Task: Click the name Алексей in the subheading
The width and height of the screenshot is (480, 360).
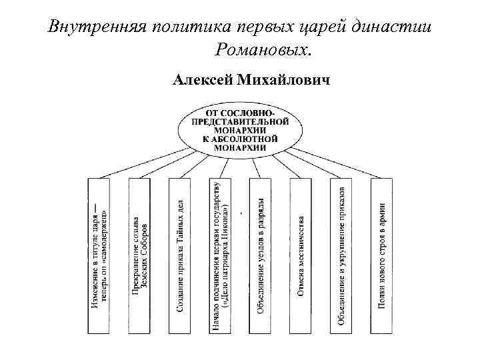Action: (x=201, y=81)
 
